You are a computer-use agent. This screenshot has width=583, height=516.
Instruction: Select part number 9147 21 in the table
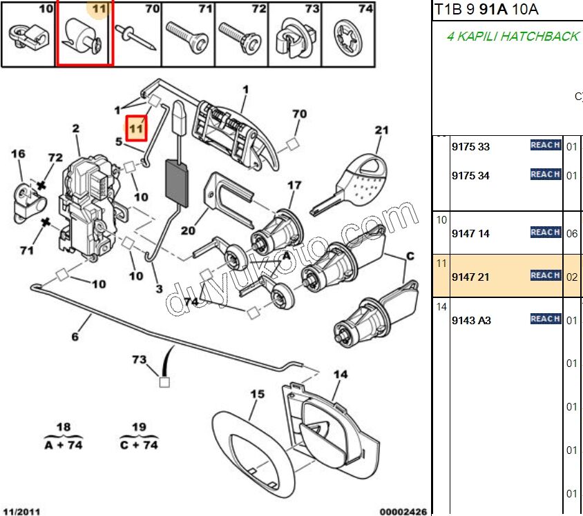[x=470, y=277]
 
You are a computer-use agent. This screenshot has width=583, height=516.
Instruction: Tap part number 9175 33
[x=470, y=147]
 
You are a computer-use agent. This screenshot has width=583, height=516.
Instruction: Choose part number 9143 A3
[x=471, y=320]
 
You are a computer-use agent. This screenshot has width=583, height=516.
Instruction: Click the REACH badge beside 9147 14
[x=546, y=232]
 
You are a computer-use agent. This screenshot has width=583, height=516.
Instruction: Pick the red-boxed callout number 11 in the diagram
[x=136, y=128]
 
